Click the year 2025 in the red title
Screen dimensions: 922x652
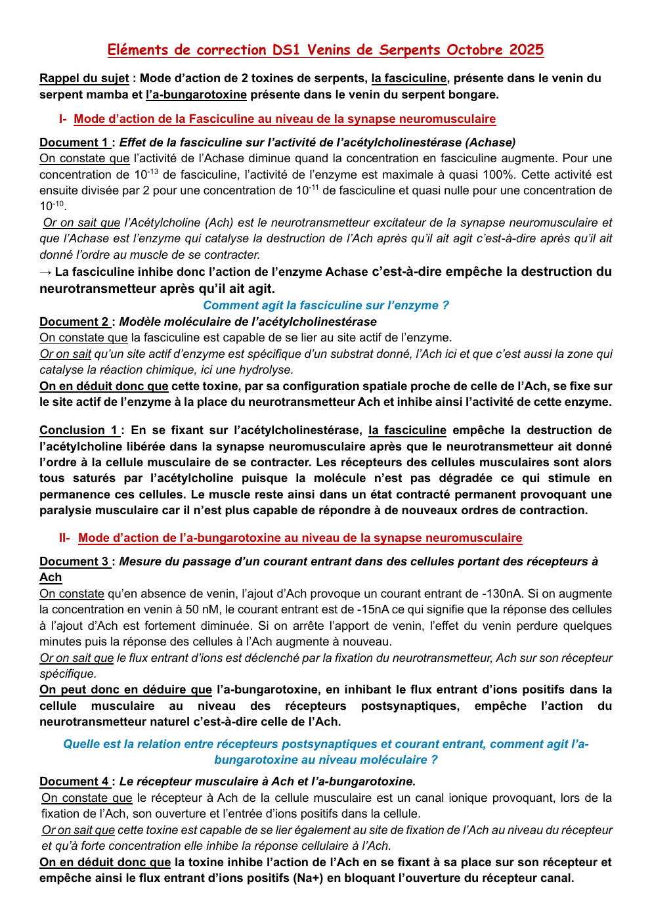(524, 50)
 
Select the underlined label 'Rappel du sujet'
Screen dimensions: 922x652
(84, 78)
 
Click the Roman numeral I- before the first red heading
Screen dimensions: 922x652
(63, 119)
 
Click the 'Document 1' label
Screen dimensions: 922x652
(74, 143)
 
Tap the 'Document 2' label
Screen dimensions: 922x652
(74, 322)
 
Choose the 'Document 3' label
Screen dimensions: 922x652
(74, 561)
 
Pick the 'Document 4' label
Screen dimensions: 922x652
(74, 781)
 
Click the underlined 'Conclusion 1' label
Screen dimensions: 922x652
(79, 430)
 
